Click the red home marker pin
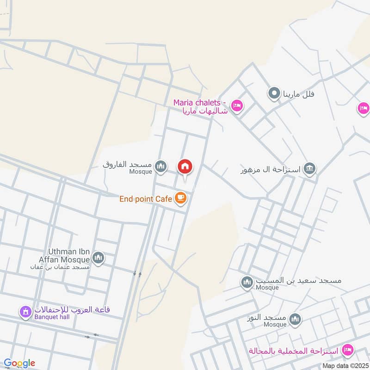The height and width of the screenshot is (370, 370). [185, 166]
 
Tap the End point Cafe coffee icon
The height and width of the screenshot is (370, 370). [180, 198]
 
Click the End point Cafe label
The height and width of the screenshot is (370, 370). [146, 199]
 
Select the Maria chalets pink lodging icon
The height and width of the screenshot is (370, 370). [236, 106]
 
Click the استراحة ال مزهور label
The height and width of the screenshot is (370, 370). [270, 170]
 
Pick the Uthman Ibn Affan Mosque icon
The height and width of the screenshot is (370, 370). [98, 257]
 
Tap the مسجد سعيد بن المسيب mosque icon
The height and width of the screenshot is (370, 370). [247, 282]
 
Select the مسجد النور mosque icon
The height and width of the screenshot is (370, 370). [295, 319]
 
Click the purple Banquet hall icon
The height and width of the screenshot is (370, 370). [25, 313]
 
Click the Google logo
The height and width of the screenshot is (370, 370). [19, 363]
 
